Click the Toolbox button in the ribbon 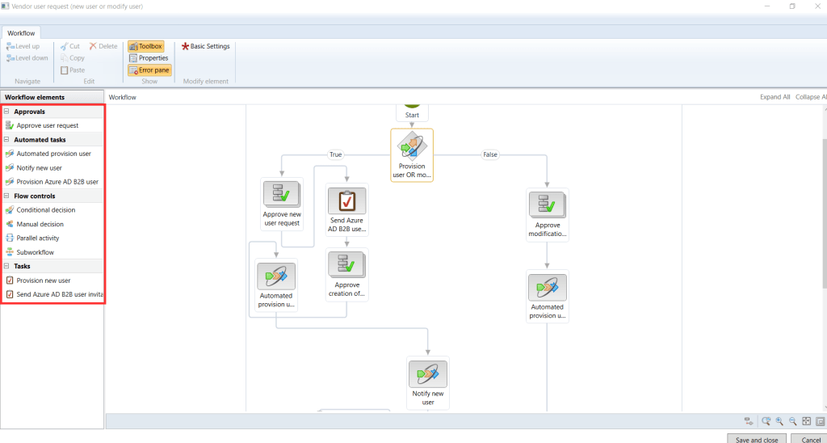pyautogui.click(x=145, y=46)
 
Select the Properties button pyautogui.click(x=149, y=58)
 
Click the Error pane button pyautogui.click(x=149, y=70)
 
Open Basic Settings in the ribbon pyautogui.click(x=206, y=46)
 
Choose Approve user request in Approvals pyautogui.click(x=47, y=125)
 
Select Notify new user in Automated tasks pyautogui.click(x=39, y=167)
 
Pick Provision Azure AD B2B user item pyautogui.click(x=57, y=182)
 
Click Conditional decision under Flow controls pyautogui.click(x=45, y=210)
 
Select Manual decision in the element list pyautogui.click(x=40, y=224)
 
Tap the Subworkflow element pyautogui.click(x=35, y=252)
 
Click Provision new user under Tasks pyautogui.click(x=43, y=281)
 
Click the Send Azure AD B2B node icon pyautogui.click(x=346, y=200)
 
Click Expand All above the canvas pyautogui.click(x=775, y=97)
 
